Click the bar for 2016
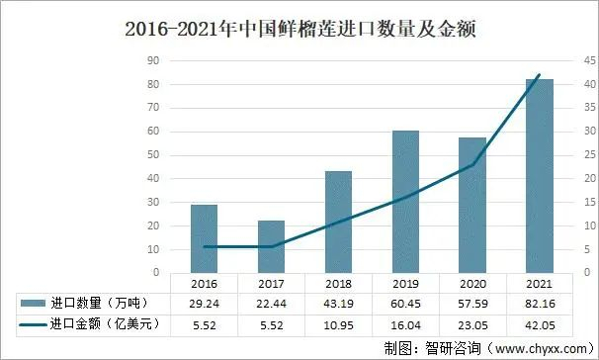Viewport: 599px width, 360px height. (x=205, y=238)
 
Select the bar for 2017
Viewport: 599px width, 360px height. (x=272, y=246)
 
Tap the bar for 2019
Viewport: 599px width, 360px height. (x=405, y=202)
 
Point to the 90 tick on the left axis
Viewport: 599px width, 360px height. (x=152, y=60)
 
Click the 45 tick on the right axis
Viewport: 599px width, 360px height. (x=589, y=60)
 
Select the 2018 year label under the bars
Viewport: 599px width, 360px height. (x=338, y=284)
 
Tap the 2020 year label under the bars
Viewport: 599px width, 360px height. (x=471, y=284)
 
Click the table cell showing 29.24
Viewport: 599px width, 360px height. (x=205, y=303)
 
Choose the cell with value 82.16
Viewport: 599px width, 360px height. (x=539, y=303)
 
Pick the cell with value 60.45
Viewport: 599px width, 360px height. (x=405, y=303)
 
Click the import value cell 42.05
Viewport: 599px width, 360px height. (x=539, y=323)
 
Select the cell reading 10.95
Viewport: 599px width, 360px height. (x=338, y=323)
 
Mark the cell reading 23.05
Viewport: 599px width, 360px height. (x=471, y=323)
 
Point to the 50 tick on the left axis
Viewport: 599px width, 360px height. (x=152, y=154)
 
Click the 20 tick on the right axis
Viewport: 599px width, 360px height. (x=589, y=178)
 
